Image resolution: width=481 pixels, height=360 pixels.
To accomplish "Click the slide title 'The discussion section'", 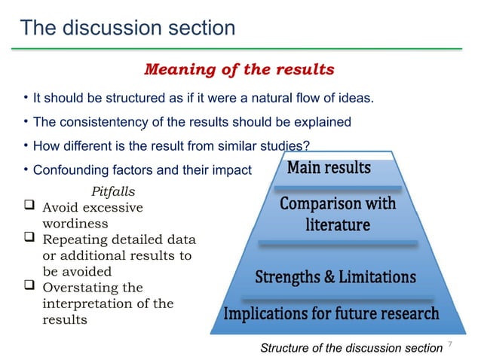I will tap(127, 28).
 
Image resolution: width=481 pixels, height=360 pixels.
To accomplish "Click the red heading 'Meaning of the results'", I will tap(239, 70).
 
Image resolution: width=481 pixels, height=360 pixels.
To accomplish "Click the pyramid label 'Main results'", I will tap(329, 167).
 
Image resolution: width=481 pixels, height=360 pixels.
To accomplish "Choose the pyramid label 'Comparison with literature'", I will tap(337, 215).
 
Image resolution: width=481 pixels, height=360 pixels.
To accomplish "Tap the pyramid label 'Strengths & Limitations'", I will tap(335, 277).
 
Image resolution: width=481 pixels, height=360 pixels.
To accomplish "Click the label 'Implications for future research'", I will tap(331, 313).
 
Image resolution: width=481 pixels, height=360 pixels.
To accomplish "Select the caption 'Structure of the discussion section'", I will tap(351, 347).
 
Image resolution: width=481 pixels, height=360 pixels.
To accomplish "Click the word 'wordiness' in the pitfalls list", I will tap(75, 224).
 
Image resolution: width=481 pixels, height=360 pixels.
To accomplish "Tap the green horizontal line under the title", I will tap(240, 49).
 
